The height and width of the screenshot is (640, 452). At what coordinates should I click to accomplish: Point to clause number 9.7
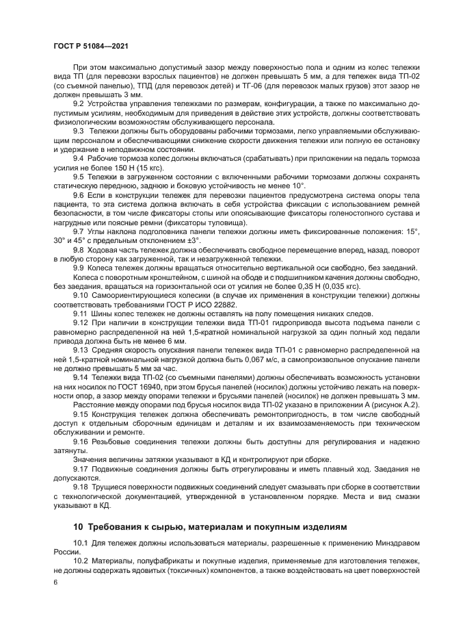tap(80, 231)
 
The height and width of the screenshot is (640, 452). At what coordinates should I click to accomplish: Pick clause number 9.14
tap(82, 377)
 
